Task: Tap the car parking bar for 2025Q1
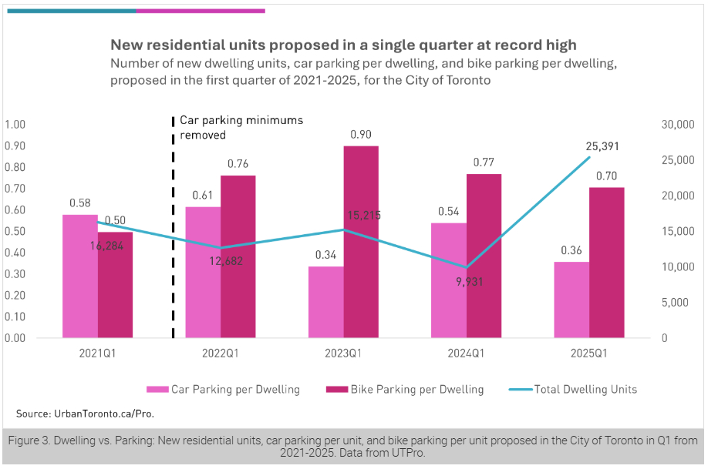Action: click(x=571, y=300)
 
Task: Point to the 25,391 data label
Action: click(x=602, y=146)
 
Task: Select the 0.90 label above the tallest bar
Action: click(x=361, y=135)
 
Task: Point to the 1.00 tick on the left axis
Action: click(x=15, y=125)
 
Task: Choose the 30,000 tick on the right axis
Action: click(x=677, y=125)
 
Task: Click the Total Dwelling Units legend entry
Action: click(x=586, y=390)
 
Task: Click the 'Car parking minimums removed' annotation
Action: click(x=241, y=127)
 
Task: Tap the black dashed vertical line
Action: click(x=172, y=231)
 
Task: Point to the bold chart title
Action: click(x=343, y=45)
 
